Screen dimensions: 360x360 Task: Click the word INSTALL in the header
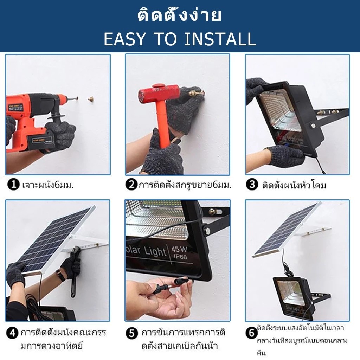pos(220,39)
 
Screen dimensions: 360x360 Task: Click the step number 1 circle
pos(13,185)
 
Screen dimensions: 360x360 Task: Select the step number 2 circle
pos(131,185)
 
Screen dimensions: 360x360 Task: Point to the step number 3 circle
pos(252,185)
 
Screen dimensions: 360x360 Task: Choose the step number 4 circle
pos(12,333)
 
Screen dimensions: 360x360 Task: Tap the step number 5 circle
pos(132,333)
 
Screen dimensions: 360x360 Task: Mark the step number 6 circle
pos(252,333)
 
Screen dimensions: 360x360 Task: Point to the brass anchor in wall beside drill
pos(91,99)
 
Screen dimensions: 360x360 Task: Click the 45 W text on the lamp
pos(179,249)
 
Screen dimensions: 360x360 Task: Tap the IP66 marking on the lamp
pos(180,256)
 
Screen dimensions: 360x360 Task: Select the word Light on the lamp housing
pos(155,251)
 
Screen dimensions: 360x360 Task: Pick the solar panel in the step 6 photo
pos(287,230)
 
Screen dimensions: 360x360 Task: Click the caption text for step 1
pos(48,185)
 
